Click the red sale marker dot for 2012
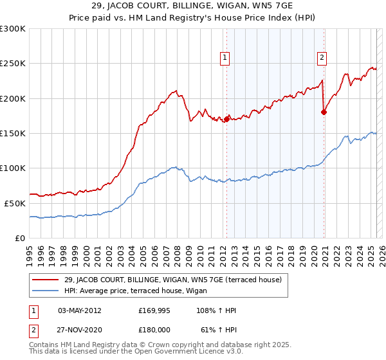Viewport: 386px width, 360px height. (x=226, y=119)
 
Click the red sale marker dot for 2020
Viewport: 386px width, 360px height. (x=324, y=112)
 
